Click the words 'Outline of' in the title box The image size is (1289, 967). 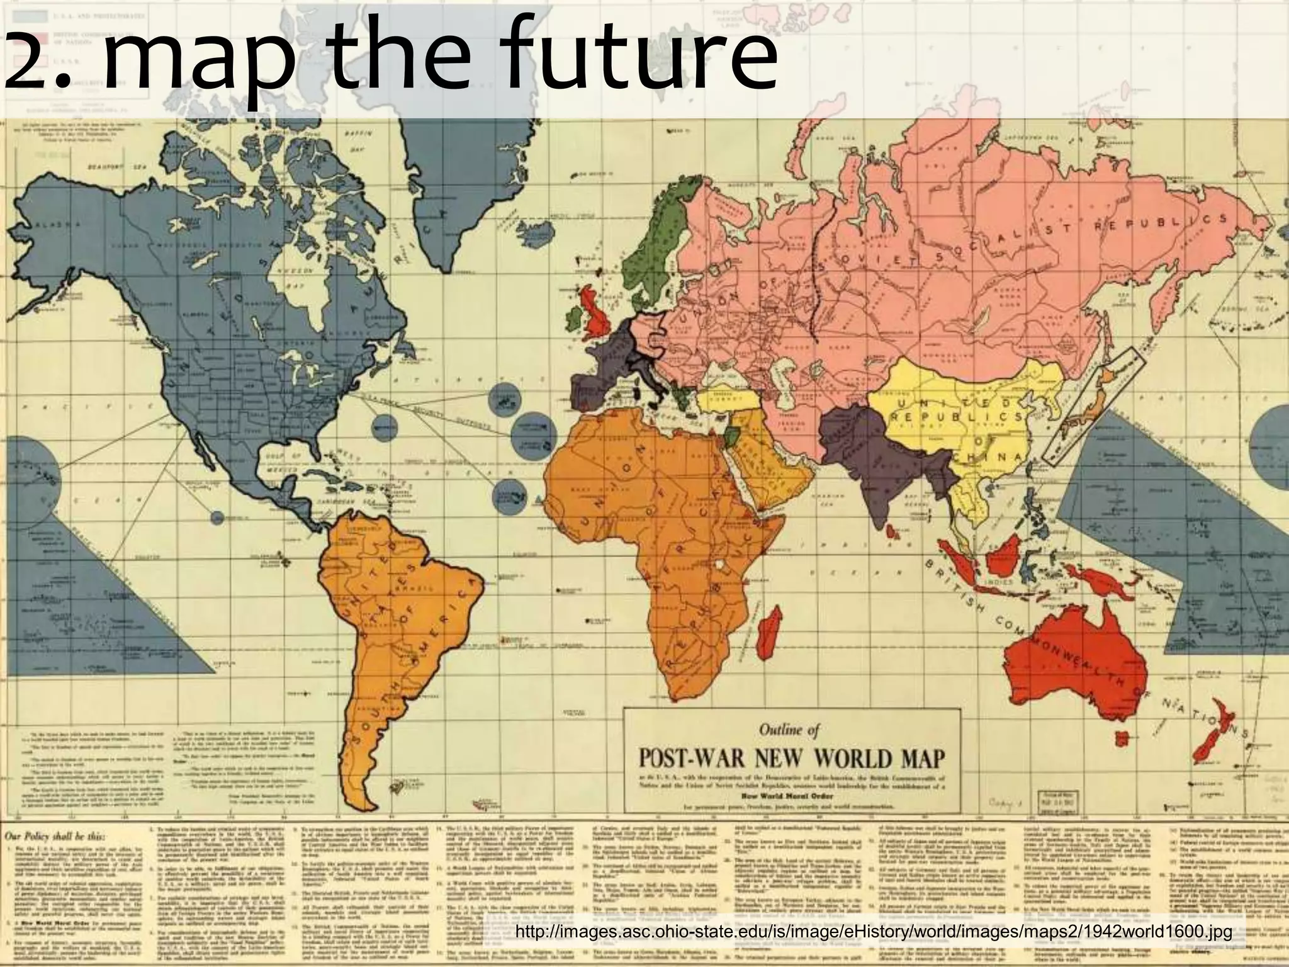pos(789,730)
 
